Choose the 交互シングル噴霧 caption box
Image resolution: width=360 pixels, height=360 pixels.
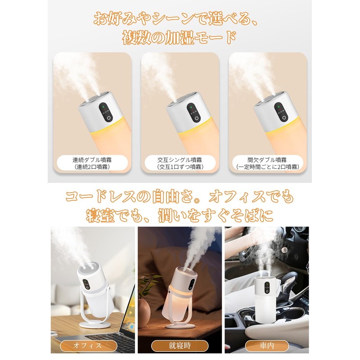click(x=180, y=163)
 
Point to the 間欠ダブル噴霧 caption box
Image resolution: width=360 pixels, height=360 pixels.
click(x=267, y=163)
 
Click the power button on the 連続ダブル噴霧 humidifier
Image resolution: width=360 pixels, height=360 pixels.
click(x=108, y=118)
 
